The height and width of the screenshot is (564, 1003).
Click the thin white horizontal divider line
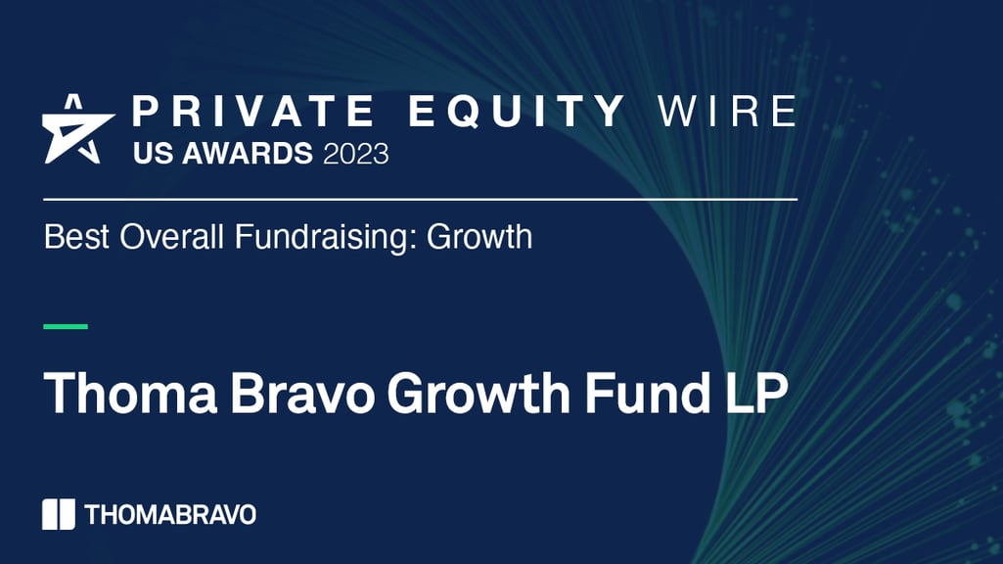[421, 199]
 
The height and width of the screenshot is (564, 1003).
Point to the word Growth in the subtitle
[479, 237]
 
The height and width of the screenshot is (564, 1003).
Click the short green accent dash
[66, 326]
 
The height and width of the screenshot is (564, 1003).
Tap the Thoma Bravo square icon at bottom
[59, 514]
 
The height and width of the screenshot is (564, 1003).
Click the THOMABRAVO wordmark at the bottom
[170, 514]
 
